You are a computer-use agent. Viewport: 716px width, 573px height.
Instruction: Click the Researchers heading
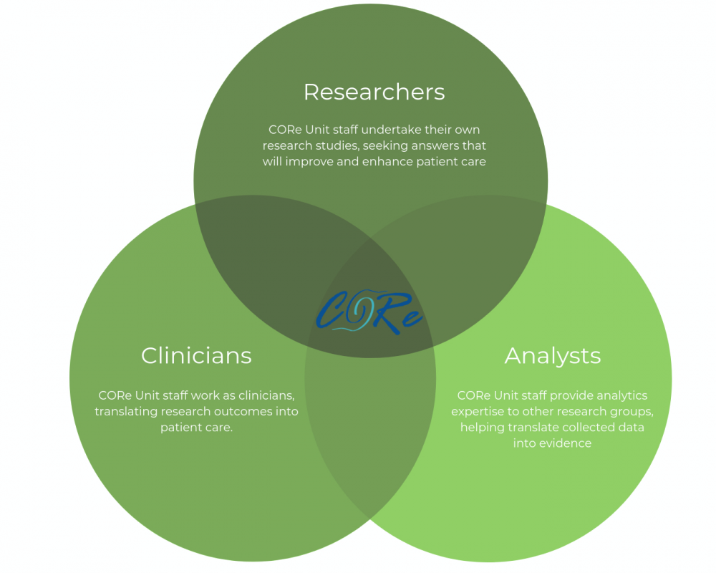374,92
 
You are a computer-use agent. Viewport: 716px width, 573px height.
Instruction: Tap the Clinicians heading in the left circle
196,356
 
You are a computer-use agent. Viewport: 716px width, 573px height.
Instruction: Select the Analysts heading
553,356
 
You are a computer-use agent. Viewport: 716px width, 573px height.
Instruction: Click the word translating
126,412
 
